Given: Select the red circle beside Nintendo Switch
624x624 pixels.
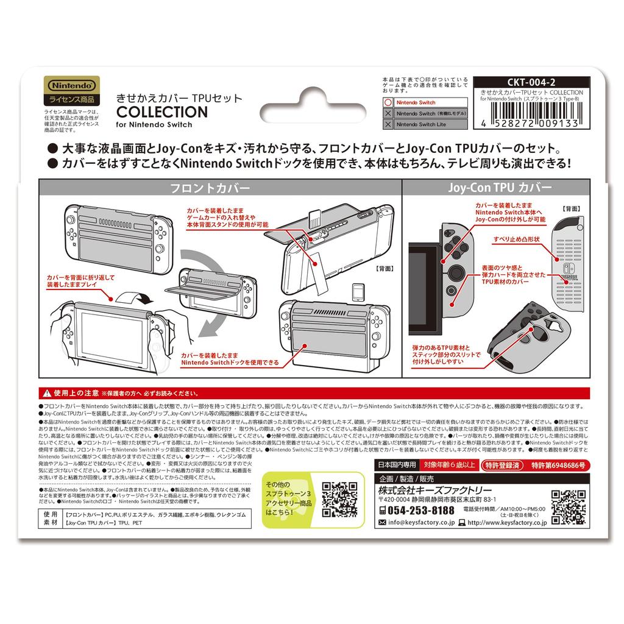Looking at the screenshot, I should coord(388,103).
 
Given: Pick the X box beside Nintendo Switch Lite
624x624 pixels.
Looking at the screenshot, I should coord(388,124).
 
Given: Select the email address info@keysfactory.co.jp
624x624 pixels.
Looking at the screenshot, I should coord(417,523).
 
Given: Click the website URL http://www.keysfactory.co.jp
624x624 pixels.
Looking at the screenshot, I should coord(506,523).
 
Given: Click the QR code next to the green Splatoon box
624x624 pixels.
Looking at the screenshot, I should coord(339,499).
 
